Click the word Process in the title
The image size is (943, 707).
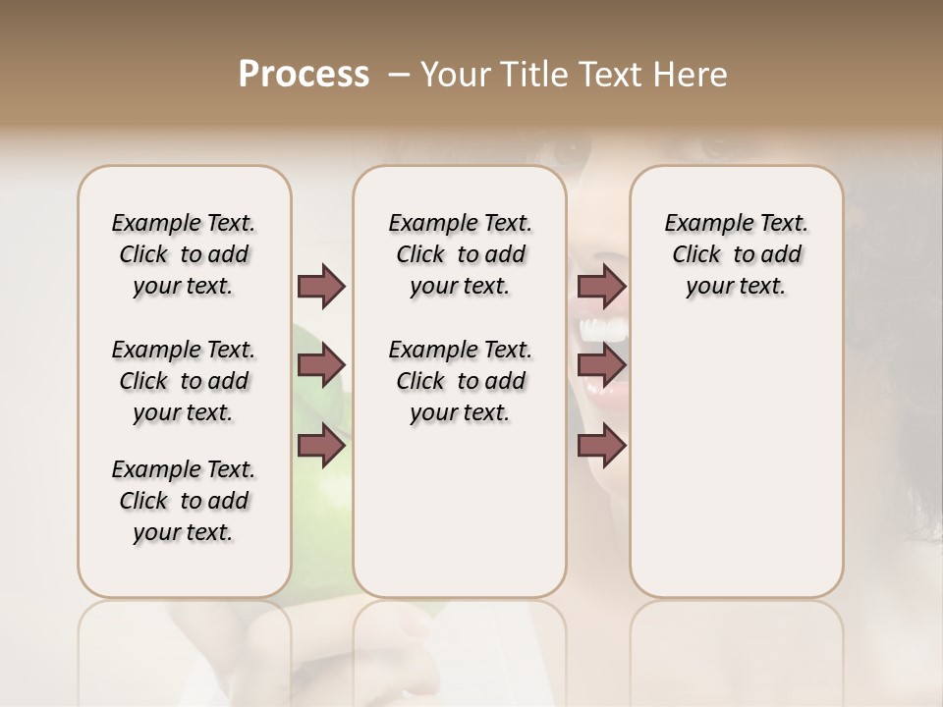click(x=304, y=75)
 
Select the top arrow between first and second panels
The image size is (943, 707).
click(x=321, y=287)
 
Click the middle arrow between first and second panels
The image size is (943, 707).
click(x=321, y=366)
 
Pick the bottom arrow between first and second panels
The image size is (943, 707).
click(x=321, y=445)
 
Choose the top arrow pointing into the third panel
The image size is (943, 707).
click(x=601, y=287)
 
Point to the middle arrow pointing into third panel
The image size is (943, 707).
click(x=601, y=366)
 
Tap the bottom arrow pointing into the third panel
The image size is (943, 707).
click(x=601, y=445)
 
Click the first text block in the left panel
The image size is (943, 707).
click(x=184, y=254)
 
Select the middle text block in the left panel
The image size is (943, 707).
click(x=184, y=381)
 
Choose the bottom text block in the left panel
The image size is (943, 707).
click(x=184, y=501)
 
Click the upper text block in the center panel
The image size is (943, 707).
click(x=460, y=254)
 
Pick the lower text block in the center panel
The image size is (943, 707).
click(x=460, y=381)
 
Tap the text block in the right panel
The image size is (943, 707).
click(x=736, y=254)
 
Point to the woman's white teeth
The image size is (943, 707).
click(x=605, y=331)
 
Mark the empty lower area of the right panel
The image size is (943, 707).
click(x=736, y=471)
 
